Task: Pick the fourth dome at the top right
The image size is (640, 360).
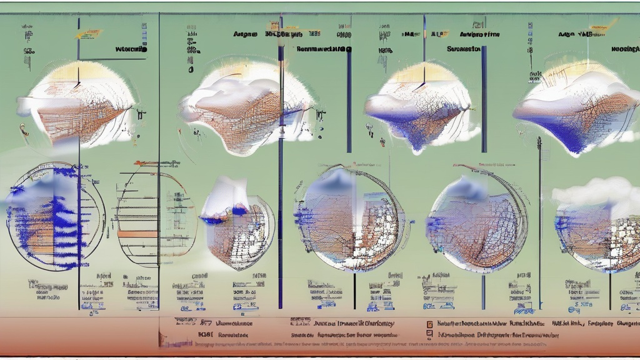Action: [x=578, y=106]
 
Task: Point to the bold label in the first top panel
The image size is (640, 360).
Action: [x=131, y=48]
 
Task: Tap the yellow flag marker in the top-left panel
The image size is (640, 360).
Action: [x=89, y=34]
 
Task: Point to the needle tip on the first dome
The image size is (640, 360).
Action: [x=77, y=84]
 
